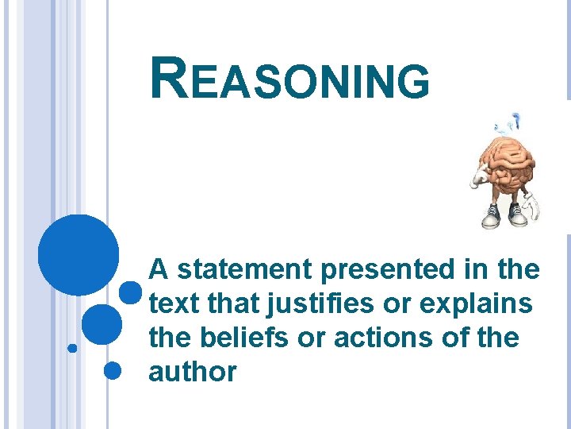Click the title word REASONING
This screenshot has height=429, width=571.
(x=289, y=80)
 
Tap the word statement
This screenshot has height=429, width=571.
(x=245, y=271)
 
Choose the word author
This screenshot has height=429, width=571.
(x=192, y=373)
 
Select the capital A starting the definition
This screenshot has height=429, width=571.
(x=159, y=271)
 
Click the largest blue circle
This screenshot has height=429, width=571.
(x=78, y=255)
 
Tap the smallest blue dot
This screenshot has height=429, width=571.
(x=71, y=348)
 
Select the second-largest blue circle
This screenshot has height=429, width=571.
(x=102, y=324)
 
